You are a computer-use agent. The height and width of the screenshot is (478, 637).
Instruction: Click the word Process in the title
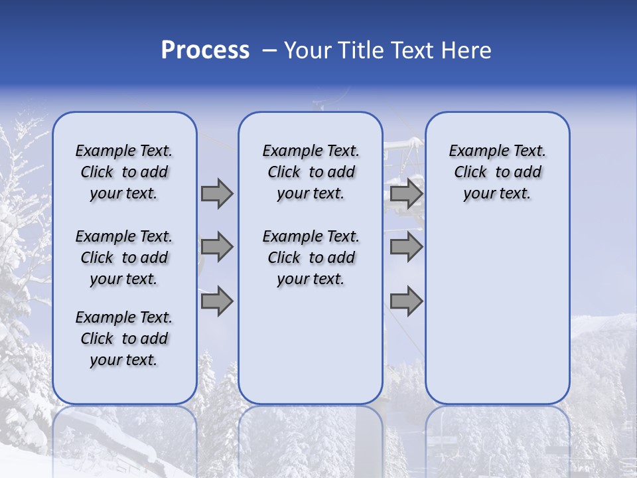click(205, 50)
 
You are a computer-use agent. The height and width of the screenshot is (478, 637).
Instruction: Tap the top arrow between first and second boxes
click(217, 193)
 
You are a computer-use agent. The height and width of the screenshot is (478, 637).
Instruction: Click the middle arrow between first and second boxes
click(217, 247)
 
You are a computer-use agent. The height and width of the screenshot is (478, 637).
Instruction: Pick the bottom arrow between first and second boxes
click(217, 301)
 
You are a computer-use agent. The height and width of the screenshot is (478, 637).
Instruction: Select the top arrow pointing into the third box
click(406, 193)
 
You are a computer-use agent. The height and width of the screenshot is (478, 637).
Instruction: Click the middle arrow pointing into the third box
click(406, 247)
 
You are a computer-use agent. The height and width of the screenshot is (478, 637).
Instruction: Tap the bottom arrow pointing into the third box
click(406, 301)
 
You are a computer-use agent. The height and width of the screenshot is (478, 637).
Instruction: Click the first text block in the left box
click(124, 172)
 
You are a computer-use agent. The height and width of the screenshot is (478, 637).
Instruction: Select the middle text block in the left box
click(124, 258)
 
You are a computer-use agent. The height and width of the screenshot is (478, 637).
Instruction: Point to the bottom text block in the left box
click(124, 339)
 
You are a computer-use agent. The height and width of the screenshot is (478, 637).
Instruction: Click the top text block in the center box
click(311, 172)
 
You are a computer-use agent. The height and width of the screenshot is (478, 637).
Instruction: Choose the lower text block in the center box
click(311, 258)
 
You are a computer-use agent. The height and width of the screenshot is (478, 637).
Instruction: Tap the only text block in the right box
click(497, 172)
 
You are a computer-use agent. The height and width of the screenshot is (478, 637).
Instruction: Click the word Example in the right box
click(472, 151)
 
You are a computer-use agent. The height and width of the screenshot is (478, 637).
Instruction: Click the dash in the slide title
click(268, 50)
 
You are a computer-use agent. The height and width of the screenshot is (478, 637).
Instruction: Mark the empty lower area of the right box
click(497, 312)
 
